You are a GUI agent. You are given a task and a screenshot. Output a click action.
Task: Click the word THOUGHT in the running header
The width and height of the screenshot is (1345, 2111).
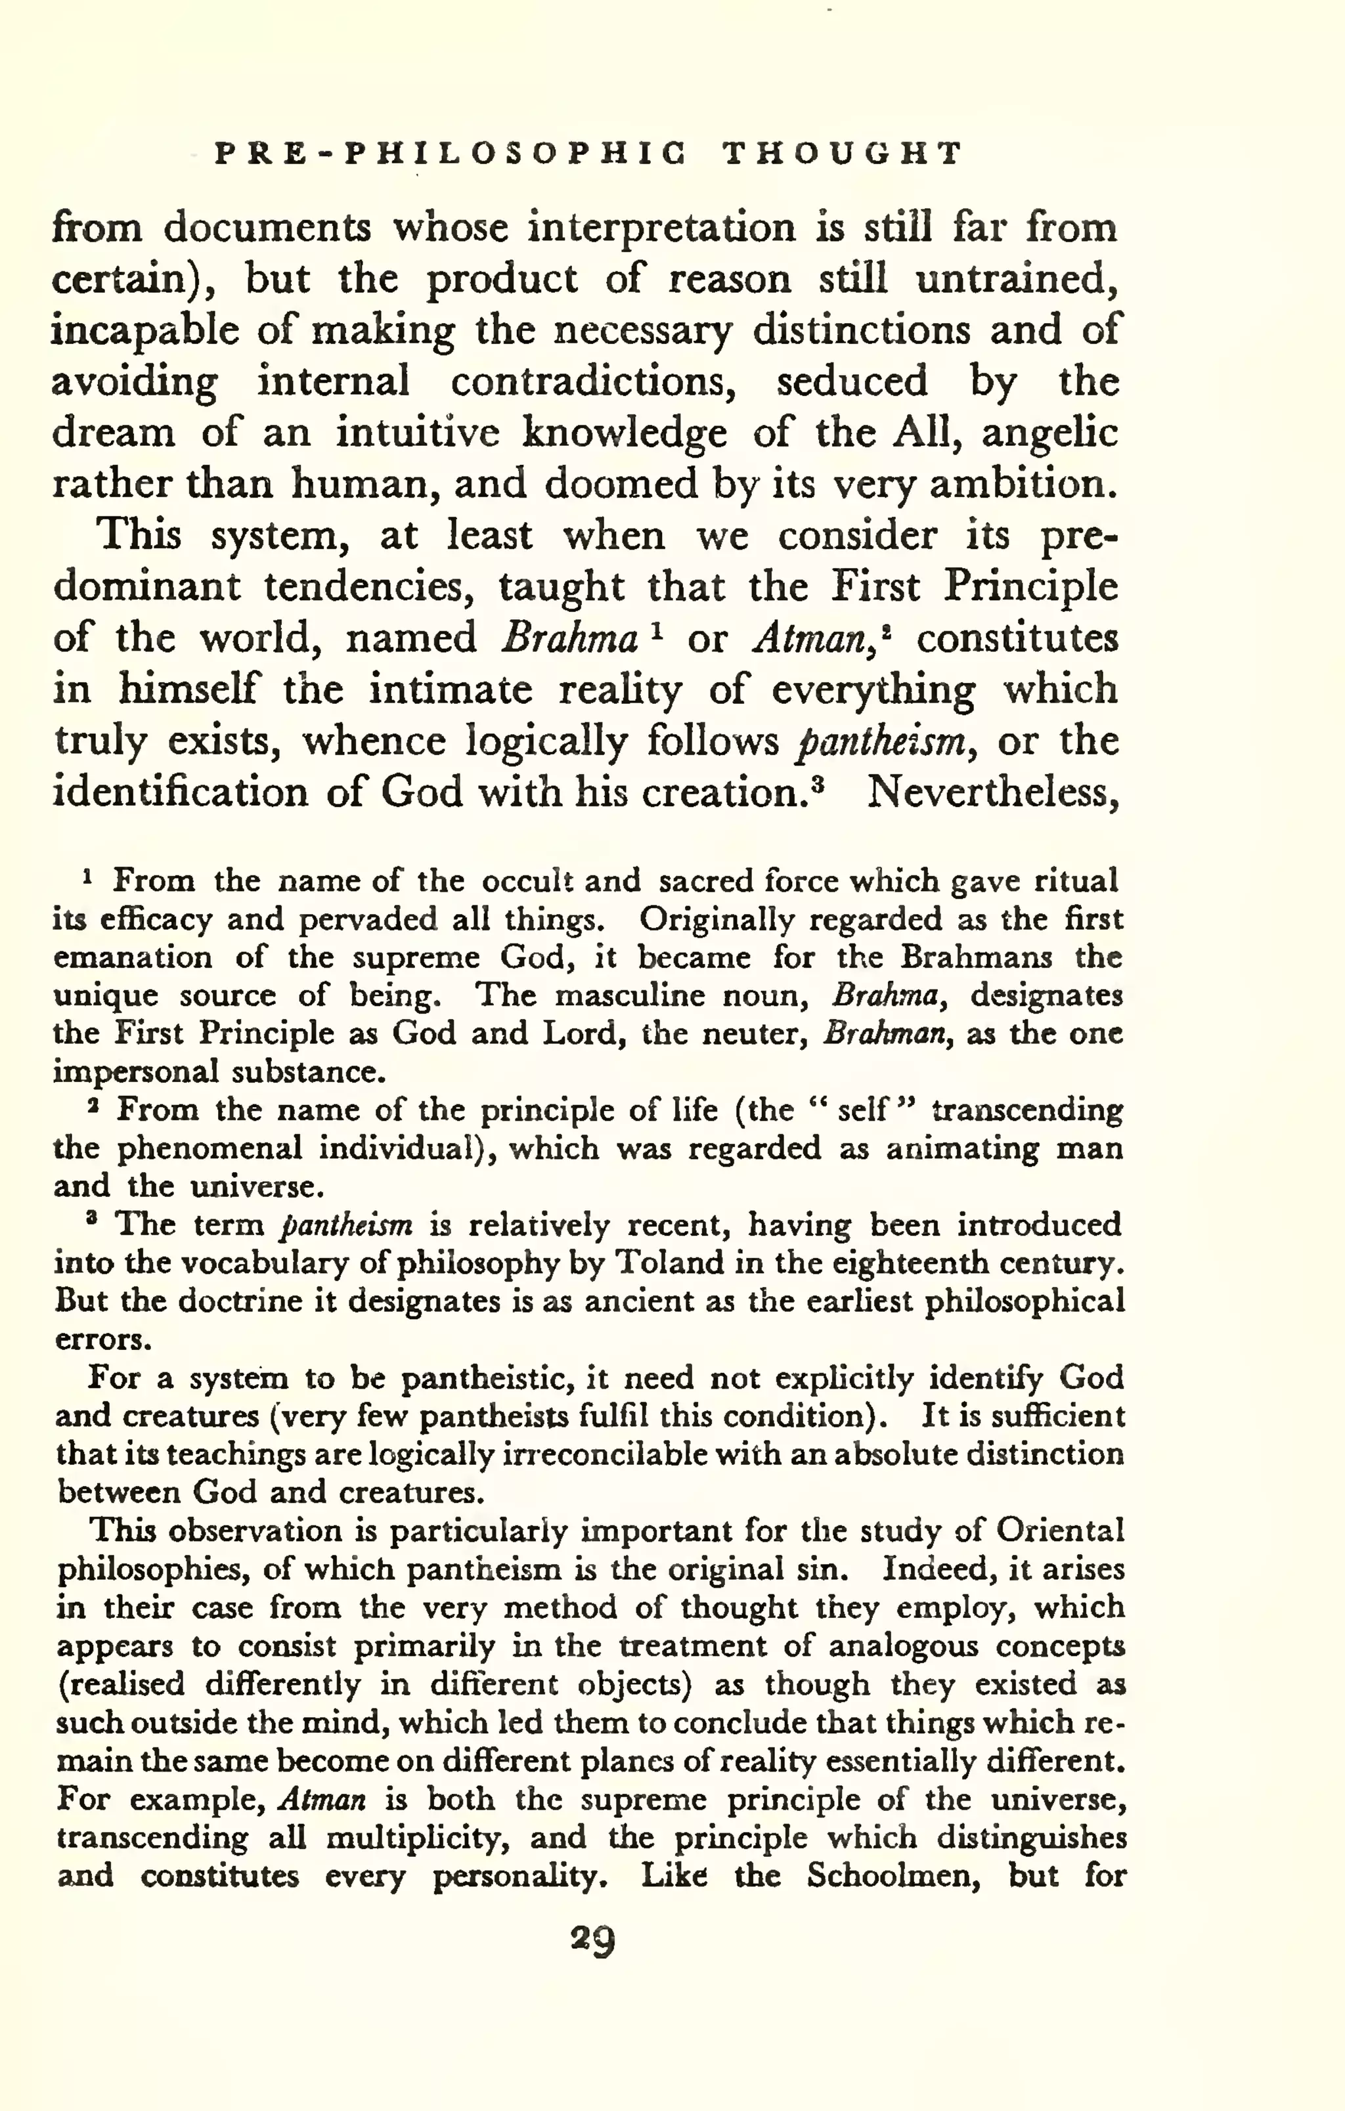point(843,154)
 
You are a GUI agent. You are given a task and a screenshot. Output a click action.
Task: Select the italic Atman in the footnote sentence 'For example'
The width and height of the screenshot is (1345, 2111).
point(321,1800)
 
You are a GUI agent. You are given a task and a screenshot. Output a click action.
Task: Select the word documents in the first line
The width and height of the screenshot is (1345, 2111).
point(267,228)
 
